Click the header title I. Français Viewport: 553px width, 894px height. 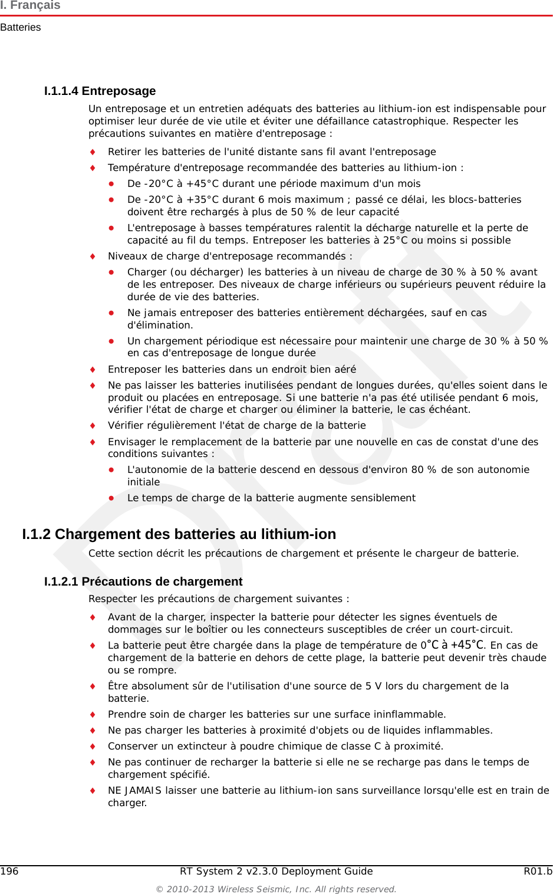(x=31, y=5)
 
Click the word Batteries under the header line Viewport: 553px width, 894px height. (x=21, y=28)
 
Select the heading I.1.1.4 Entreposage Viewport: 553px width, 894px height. (x=100, y=91)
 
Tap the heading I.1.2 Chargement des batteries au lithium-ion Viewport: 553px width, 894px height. (x=179, y=534)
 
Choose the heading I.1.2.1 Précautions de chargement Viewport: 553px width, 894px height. (x=143, y=581)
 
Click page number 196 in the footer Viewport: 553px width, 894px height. (x=9, y=872)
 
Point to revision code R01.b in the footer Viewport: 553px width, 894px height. (x=538, y=872)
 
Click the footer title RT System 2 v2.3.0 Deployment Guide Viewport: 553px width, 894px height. (x=276, y=872)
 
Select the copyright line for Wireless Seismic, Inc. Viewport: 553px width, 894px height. (x=276, y=889)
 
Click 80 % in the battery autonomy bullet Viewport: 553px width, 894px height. (x=424, y=470)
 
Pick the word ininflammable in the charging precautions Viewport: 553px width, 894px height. (x=411, y=715)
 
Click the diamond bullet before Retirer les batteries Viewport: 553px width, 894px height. (x=93, y=152)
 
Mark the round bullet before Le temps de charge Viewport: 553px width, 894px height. (x=111, y=498)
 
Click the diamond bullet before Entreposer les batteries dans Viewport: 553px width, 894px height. (x=93, y=370)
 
